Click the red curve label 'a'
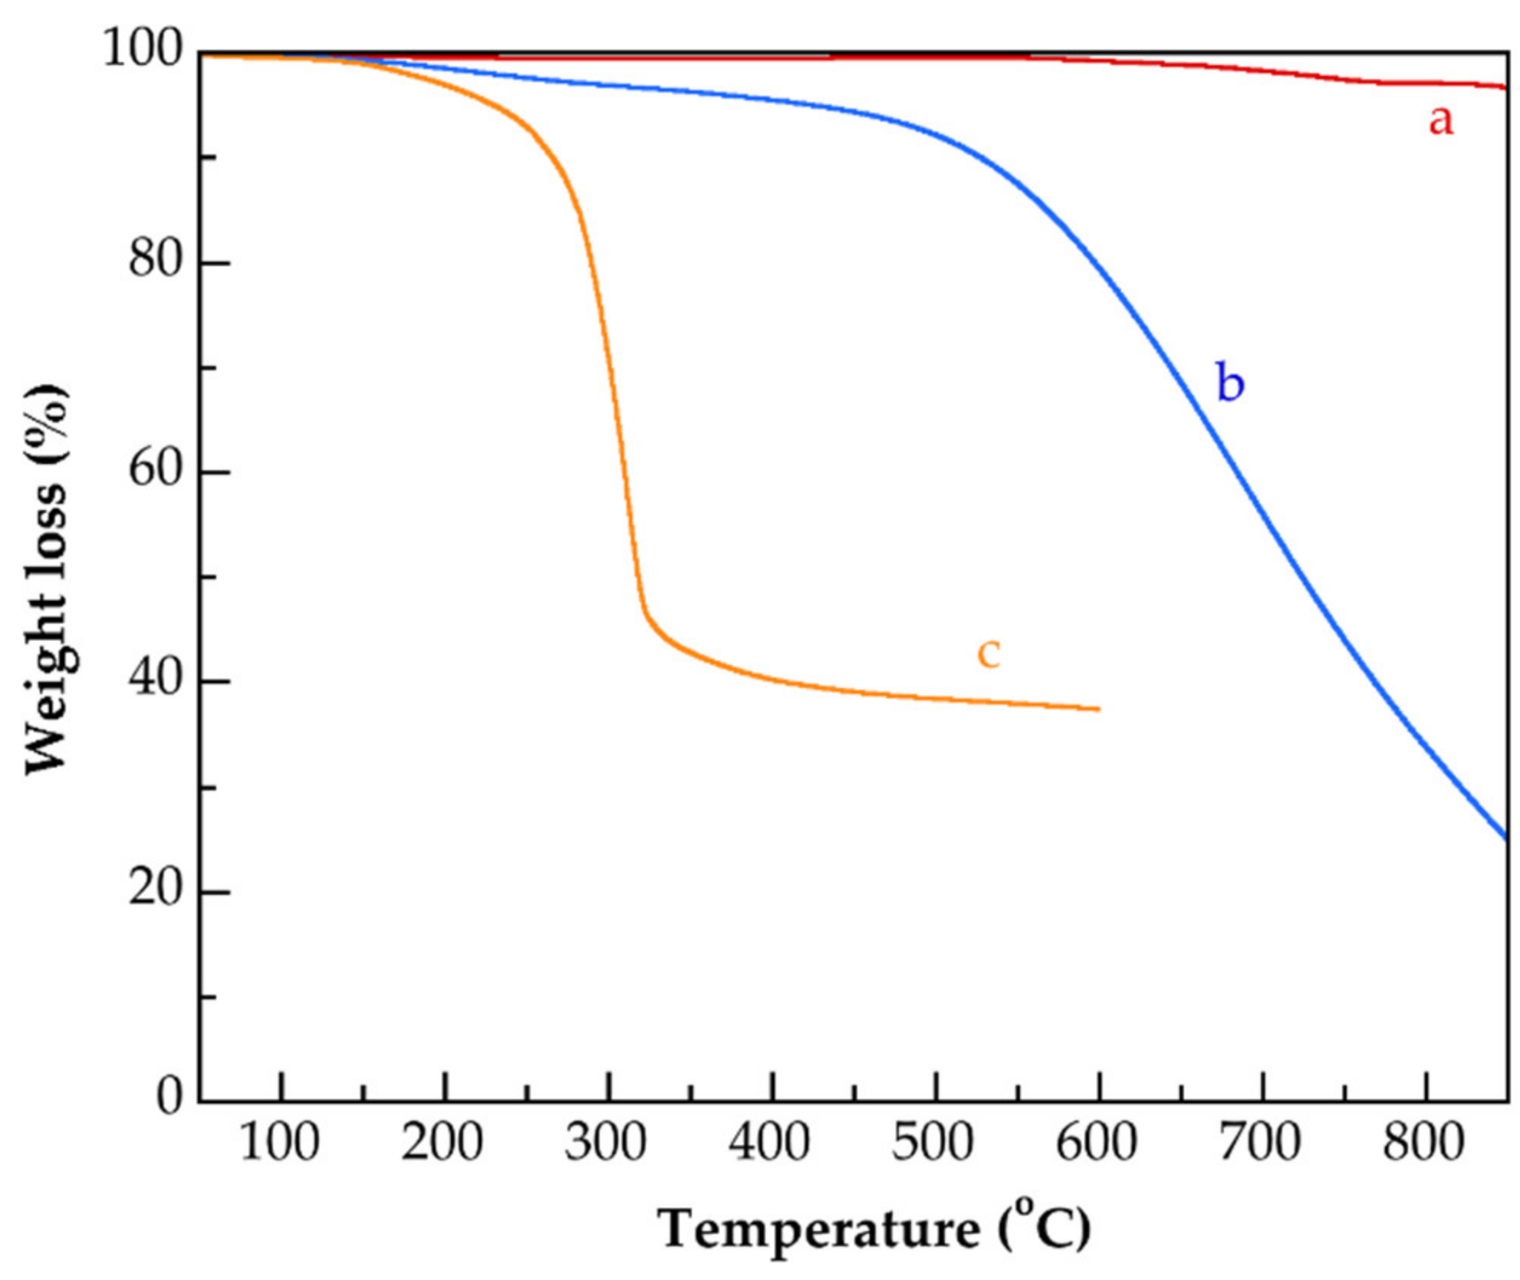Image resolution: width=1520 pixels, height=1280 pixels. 1440,121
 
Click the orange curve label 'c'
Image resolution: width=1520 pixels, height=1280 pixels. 989,653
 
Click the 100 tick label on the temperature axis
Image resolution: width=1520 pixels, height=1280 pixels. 279,1143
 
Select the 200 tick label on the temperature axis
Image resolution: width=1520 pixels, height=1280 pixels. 443,1143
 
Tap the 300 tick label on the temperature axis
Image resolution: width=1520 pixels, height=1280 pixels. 606,1143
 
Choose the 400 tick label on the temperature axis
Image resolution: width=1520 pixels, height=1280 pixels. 770,1143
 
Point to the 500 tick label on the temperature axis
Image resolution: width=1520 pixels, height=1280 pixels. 933,1143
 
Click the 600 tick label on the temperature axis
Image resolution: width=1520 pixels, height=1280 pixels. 1097,1143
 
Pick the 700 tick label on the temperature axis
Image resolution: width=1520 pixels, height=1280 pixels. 1261,1143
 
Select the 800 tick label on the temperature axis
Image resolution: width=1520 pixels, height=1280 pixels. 1424,1143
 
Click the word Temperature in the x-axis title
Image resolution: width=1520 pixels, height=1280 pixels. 819,1230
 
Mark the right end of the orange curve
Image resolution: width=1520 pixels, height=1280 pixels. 1099,709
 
